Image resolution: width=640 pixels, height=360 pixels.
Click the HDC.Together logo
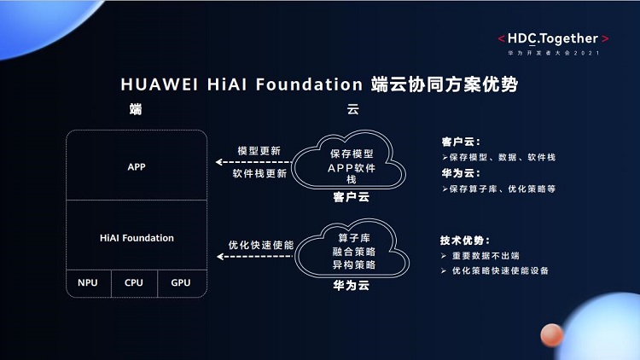pyautogui.click(x=554, y=39)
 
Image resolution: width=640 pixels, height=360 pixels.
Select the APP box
pyautogui.click(x=137, y=166)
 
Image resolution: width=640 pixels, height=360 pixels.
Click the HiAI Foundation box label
pyautogui.click(x=137, y=238)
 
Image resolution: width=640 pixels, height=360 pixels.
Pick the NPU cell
pyautogui.click(x=88, y=282)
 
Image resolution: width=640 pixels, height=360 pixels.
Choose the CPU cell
pyautogui.click(x=134, y=282)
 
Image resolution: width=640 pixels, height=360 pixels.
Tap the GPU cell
pyautogui.click(x=180, y=282)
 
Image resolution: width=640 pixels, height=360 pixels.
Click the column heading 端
pyautogui.click(x=135, y=109)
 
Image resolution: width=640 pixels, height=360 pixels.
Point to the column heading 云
pyautogui.click(x=352, y=109)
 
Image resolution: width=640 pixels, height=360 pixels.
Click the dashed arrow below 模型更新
pyautogui.click(x=253, y=161)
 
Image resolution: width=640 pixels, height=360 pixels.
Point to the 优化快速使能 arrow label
pyautogui.click(x=260, y=245)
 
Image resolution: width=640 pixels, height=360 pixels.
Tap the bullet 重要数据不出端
pyautogui.click(x=489, y=256)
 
